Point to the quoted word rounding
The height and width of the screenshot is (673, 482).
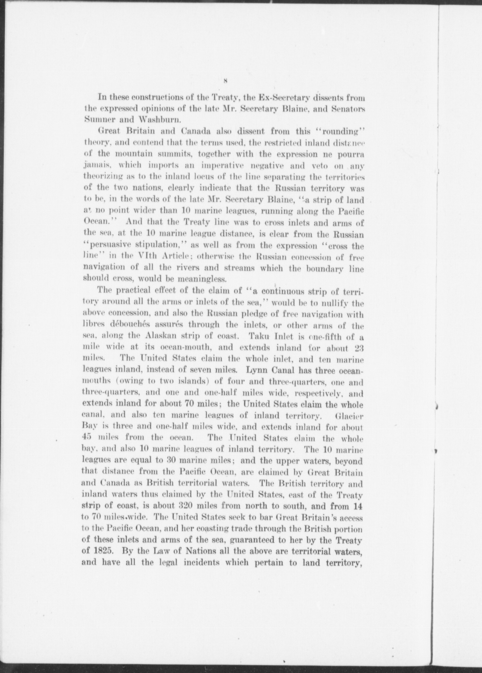346,131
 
